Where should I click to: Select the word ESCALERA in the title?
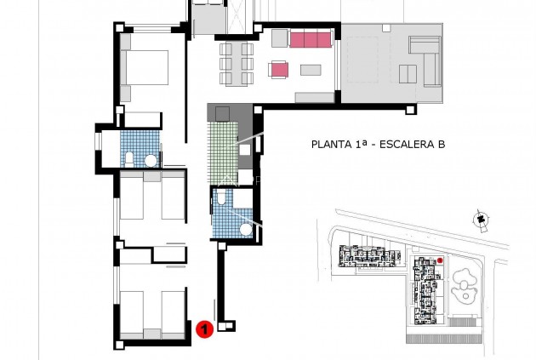[403, 146]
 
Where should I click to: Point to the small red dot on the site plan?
[441, 260]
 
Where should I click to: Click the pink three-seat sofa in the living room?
[310, 39]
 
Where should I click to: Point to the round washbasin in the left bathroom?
[150, 160]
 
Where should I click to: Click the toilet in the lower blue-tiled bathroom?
[222, 198]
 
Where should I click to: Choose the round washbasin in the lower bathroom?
[246, 228]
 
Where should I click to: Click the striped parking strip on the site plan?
[443, 338]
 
